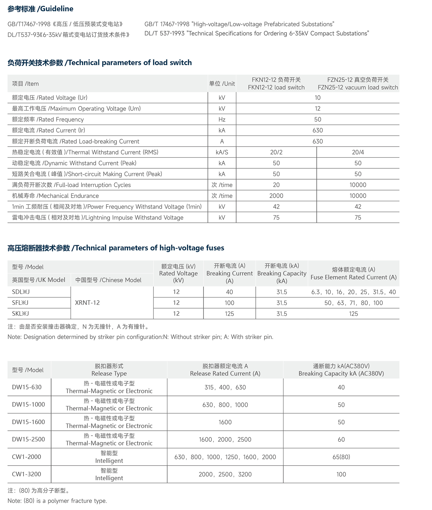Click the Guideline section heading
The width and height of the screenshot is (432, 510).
pos(40,9)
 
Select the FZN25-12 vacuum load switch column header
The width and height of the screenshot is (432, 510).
pos(358,84)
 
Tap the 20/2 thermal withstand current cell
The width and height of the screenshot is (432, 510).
pos(276,152)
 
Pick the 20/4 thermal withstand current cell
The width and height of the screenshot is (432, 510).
pos(358,152)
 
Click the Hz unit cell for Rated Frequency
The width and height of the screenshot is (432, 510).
pos(222,120)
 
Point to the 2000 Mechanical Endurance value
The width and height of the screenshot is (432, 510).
pos(276,196)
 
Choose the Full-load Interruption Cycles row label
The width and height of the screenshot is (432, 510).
pos(71,185)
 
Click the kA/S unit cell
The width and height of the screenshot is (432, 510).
pos(222,152)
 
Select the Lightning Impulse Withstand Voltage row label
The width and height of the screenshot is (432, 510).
pos(98,218)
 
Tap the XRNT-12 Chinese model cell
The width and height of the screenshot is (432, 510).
pos(87,303)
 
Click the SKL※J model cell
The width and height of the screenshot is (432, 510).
pos(20,314)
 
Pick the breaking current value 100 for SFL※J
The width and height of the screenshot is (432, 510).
pos(229,303)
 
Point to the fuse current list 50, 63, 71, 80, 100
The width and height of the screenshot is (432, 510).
pos(353,303)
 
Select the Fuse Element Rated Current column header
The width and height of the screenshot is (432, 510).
pos(353,273)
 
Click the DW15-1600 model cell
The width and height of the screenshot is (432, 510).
pos(29,422)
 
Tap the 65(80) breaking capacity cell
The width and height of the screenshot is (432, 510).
pos(341,457)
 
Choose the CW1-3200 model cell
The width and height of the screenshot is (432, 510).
pos(26,474)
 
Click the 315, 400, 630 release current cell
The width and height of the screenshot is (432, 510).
pos(225,388)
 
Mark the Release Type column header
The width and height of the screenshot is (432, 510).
pos(109,370)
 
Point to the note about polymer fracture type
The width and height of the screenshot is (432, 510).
pos(57,501)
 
